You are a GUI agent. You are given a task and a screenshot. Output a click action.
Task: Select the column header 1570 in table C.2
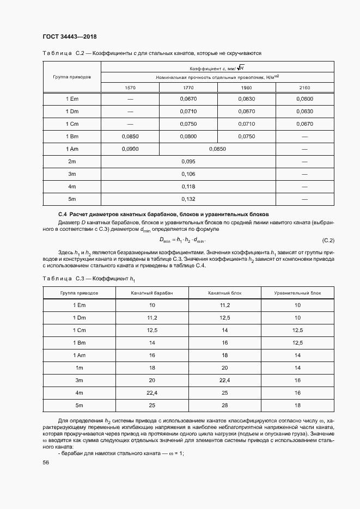click(130, 88)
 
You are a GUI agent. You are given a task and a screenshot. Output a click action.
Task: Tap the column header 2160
click(304, 88)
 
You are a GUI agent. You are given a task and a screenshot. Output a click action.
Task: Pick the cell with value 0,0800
click(188, 136)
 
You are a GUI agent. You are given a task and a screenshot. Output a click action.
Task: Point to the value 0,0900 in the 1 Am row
click(130, 149)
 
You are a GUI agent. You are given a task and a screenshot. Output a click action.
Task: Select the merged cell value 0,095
click(188, 161)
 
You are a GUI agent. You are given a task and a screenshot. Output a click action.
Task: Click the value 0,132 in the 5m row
click(188, 199)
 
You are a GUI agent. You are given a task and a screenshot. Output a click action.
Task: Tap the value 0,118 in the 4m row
click(188, 186)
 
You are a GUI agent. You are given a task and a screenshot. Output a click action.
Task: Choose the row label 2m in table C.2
click(72, 161)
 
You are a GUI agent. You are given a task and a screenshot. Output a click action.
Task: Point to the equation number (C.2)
click(328, 240)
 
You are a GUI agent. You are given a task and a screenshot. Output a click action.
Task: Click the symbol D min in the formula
click(164, 240)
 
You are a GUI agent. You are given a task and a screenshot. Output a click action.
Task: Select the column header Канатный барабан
click(152, 293)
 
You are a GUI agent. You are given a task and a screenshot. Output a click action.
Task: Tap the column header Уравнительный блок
click(297, 293)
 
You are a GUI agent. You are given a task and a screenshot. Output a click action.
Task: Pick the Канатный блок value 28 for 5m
click(225, 405)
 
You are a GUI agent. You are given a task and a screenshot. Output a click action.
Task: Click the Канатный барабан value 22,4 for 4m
click(152, 393)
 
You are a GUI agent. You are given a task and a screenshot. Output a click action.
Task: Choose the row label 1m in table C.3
click(79, 367)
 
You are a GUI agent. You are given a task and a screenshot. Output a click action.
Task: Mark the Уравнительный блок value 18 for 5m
click(297, 405)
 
